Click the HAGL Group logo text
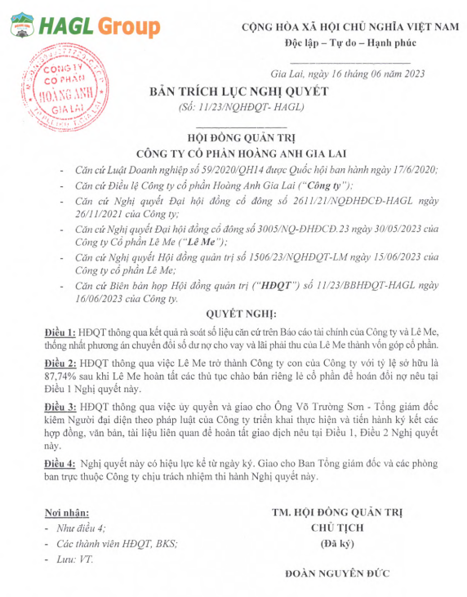coord(98,27)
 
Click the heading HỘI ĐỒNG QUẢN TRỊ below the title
coord(237,138)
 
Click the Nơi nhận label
coord(66,513)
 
